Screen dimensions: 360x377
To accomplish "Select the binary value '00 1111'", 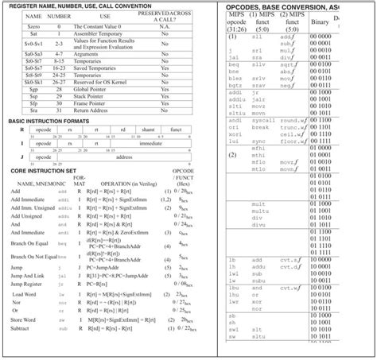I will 321,141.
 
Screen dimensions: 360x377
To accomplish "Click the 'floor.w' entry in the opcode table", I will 293,141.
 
